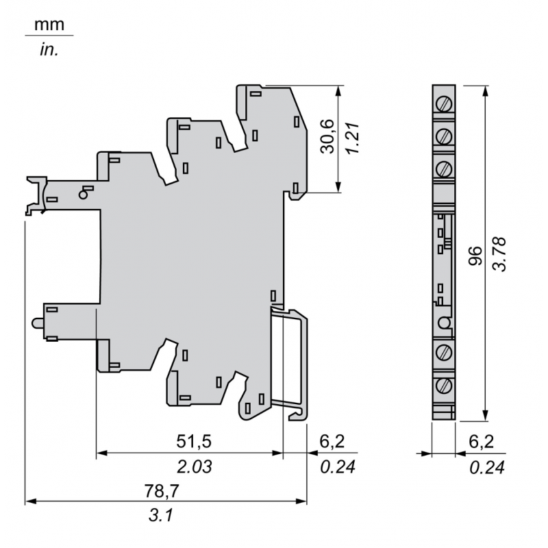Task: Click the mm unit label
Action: tap(49, 25)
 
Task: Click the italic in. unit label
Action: tap(49, 51)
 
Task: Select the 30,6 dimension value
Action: tap(327, 136)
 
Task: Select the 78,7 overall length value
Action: tap(166, 491)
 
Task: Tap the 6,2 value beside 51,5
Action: tap(331, 442)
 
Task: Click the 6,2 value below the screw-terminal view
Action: tap(482, 442)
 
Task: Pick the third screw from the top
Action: tap(444, 167)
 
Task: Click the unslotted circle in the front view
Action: tap(444, 323)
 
